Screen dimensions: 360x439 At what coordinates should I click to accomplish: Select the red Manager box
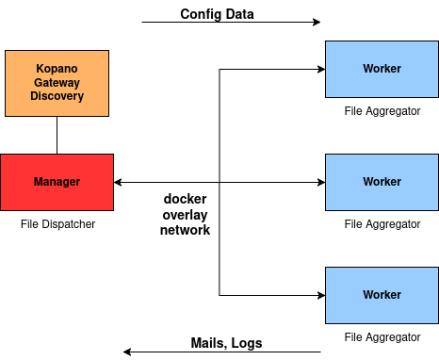57,182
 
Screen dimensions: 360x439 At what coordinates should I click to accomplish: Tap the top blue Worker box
382,69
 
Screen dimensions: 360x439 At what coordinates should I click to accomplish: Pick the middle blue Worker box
382,182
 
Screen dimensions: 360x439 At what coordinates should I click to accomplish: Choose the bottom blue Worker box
382,295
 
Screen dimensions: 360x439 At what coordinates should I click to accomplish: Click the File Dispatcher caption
57,224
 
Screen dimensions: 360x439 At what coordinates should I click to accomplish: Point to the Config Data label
217,14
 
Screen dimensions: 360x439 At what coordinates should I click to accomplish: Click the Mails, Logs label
226,343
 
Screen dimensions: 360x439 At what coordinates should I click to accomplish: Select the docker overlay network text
185,214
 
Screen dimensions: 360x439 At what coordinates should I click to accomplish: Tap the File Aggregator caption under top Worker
382,111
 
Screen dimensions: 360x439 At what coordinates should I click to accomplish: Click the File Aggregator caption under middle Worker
382,224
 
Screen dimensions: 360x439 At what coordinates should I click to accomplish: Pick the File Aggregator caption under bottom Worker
382,336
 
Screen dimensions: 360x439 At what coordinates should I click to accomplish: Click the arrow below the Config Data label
231,22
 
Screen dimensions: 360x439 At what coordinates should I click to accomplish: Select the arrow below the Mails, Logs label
221,352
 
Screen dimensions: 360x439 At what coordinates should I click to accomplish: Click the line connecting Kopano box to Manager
57,135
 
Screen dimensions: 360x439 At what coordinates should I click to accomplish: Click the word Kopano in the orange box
57,69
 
